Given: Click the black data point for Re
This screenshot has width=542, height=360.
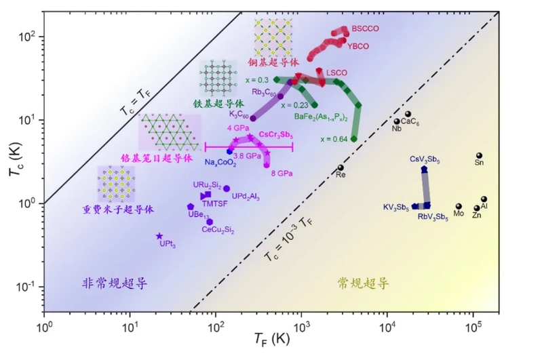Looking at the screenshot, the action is click(341, 168).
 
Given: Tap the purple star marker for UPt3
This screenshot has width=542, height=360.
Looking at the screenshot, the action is click(159, 236).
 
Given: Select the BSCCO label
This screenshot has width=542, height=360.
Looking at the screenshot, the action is click(365, 28).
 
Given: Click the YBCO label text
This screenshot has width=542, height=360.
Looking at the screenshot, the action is click(358, 46).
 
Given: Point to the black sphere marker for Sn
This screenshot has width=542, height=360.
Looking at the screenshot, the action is click(479, 156).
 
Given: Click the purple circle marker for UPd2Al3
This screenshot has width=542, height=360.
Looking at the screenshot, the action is click(227, 188).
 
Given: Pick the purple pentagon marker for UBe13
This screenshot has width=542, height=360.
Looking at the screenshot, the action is click(191, 207).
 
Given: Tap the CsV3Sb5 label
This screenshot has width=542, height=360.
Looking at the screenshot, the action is click(425, 159).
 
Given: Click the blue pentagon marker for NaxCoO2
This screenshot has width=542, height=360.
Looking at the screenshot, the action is click(229, 151).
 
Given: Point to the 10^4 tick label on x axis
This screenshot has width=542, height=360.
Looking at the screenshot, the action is click(387, 327).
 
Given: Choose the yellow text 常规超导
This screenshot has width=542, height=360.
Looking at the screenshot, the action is click(364, 283).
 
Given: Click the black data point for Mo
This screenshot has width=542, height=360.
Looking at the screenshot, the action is click(459, 207).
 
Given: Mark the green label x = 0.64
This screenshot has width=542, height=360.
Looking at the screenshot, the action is click(334, 139).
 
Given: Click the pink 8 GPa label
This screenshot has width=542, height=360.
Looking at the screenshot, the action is click(282, 174).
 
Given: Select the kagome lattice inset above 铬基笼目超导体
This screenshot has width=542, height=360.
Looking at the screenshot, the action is click(170, 132).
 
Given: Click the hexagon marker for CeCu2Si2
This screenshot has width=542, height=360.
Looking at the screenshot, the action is click(210, 222).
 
